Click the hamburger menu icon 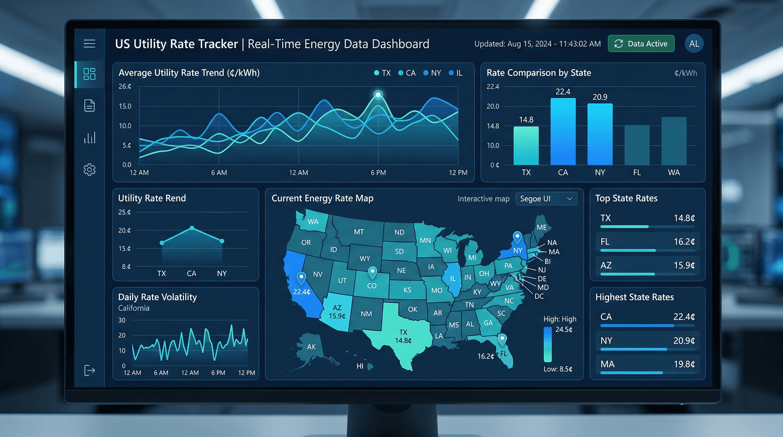pos(89,44)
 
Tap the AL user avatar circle pos(694,44)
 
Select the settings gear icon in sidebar pos(89,169)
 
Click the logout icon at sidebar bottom pos(89,370)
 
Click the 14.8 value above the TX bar pos(526,119)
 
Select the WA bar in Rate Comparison pos(674,141)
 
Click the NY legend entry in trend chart pos(432,73)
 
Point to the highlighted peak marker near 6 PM pos(378,94)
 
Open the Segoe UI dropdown pos(546,199)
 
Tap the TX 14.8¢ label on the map pos(403,336)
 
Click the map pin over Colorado pos(372,271)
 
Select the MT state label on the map pos(359,232)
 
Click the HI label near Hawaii pos(360,366)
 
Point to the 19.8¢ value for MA pos(684,364)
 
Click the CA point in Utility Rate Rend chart pos(192,228)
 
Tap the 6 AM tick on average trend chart pos(219,173)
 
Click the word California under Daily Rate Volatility pos(134,308)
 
